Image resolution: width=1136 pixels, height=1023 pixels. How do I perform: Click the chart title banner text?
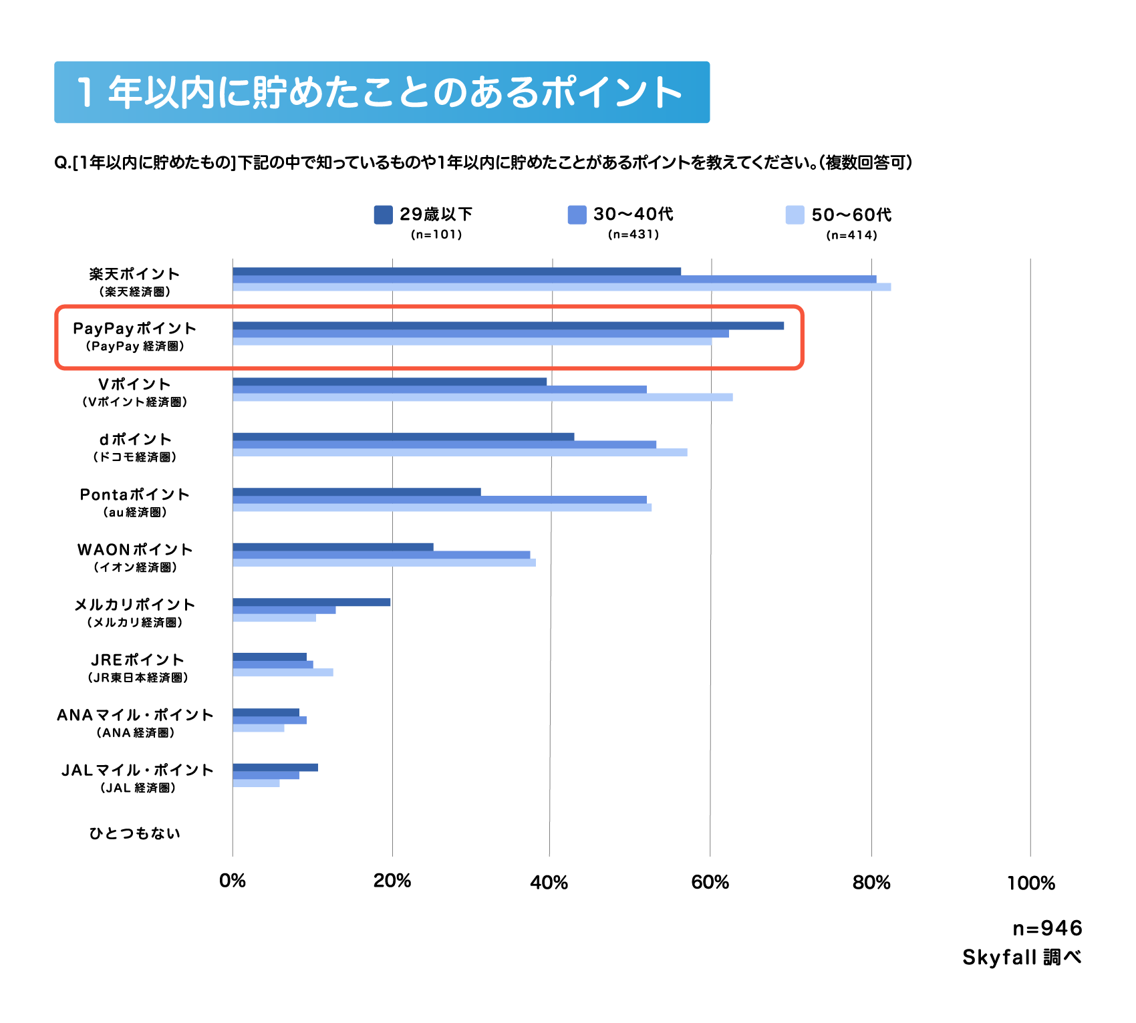[381, 92]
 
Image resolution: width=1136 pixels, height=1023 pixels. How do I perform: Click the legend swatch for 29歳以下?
[383, 214]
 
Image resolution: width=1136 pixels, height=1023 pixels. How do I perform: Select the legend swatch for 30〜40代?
[577, 214]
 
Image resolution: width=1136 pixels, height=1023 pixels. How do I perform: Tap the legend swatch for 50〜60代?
[795, 215]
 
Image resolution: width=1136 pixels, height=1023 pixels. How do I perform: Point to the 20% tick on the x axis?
[392, 881]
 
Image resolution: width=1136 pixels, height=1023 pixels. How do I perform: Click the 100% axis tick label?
[1030, 883]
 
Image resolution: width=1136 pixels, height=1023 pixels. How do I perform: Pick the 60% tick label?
[710, 882]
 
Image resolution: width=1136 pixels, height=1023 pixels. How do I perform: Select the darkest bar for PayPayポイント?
[508, 325]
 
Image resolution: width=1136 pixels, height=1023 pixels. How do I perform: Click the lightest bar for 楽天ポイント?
[561, 287]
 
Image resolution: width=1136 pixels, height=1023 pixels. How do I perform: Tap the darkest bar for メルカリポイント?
[311, 602]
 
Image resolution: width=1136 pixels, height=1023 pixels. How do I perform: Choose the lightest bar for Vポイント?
[482, 397]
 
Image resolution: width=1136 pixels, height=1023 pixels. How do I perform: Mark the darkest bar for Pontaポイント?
[357, 492]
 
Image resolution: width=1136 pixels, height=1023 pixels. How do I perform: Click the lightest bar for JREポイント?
[283, 672]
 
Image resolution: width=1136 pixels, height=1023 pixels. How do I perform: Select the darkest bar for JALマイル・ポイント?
[275, 767]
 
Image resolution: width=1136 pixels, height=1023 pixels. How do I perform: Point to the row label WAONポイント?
[135, 550]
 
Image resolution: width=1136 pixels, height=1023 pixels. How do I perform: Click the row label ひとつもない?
[135, 833]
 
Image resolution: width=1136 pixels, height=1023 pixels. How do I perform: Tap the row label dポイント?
[135, 440]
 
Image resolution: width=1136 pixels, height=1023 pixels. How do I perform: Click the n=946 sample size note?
[1046, 928]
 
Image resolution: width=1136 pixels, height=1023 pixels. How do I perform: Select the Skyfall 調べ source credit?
[1021, 958]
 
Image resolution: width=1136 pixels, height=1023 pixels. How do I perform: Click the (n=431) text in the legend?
[633, 235]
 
